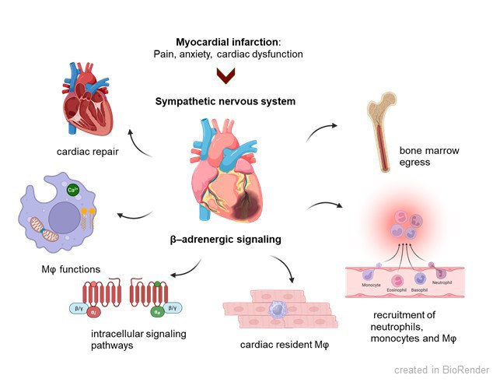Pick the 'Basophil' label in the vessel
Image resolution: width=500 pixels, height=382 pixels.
pos(422,291)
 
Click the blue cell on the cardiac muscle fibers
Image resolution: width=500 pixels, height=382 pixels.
pos(275,310)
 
